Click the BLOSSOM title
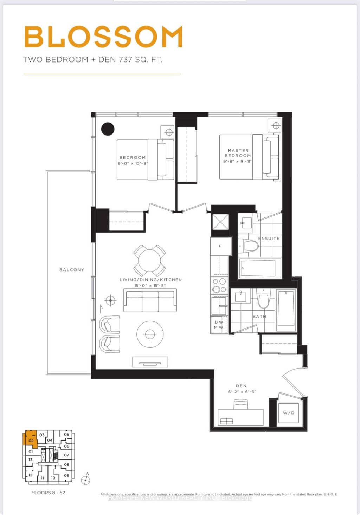pos(103,37)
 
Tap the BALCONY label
pos(72,270)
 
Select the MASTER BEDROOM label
pos(238,153)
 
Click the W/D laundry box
pos(289,413)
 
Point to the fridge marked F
pos(221,246)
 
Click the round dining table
pos(150,260)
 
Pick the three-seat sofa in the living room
pos(150,300)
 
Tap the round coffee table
pos(150,334)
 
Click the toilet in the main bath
pos(263,300)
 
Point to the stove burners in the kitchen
pos(219,285)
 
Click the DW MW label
pos(219,325)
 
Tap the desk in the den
pos(241,417)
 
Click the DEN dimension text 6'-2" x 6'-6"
pos(242,392)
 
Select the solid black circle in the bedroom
pos(108,129)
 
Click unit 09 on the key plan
pos(66,476)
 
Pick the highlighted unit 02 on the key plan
pos(31,440)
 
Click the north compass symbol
pos(85,480)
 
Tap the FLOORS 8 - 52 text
pos(48,493)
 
